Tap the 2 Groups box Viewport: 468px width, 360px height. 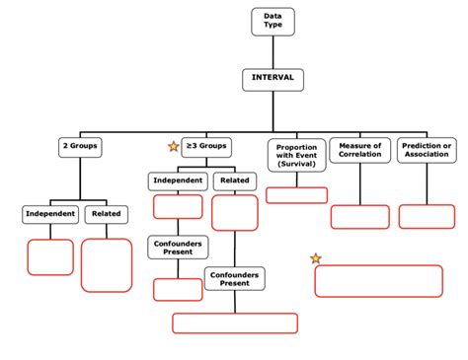click(x=81, y=147)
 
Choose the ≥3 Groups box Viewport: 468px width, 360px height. click(x=206, y=147)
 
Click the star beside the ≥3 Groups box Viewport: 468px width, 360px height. click(x=174, y=147)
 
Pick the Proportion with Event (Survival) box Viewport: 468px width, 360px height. click(x=296, y=155)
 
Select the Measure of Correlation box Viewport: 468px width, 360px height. click(x=359, y=150)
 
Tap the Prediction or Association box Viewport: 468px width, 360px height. click(x=427, y=150)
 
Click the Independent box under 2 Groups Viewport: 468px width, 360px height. click(x=49, y=213)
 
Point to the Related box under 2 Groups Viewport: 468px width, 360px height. click(x=106, y=213)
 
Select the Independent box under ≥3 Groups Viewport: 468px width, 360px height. click(x=178, y=180)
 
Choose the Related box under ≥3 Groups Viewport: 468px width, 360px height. click(x=234, y=180)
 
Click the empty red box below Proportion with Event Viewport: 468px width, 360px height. click(x=296, y=194)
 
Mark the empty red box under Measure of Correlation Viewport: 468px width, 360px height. click(x=359, y=217)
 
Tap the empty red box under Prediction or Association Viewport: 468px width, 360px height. click(x=427, y=216)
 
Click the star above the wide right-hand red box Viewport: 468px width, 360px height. click(x=316, y=258)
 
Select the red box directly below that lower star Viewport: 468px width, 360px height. click(x=378, y=280)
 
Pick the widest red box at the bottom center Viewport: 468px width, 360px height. click(x=235, y=324)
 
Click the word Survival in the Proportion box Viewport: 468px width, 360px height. click(x=296, y=165)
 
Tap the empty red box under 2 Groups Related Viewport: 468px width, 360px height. click(x=106, y=264)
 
